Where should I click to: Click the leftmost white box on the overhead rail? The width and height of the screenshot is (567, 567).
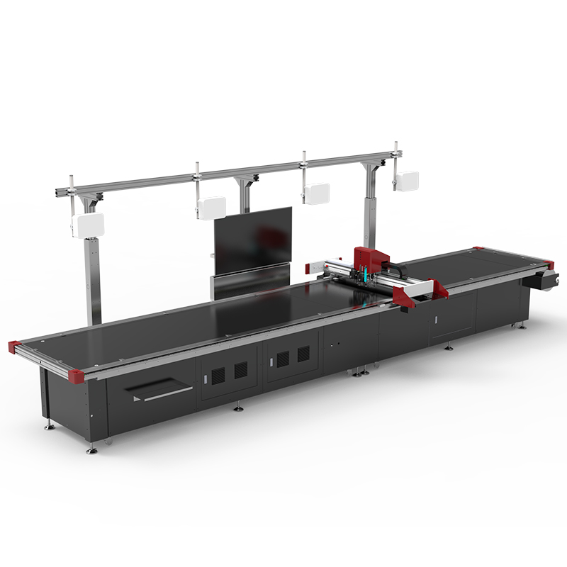click(88, 225)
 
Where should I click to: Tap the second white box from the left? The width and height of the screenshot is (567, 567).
click(212, 207)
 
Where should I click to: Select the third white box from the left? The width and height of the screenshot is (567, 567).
click(316, 193)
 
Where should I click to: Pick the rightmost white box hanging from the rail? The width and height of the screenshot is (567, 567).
click(407, 180)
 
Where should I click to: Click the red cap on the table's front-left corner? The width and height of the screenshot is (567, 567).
click(77, 372)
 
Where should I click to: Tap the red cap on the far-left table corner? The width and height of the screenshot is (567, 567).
click(14, 346)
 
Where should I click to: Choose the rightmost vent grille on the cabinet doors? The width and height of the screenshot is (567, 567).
click(303, 354)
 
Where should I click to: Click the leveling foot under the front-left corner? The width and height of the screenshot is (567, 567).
click(91, 449)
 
